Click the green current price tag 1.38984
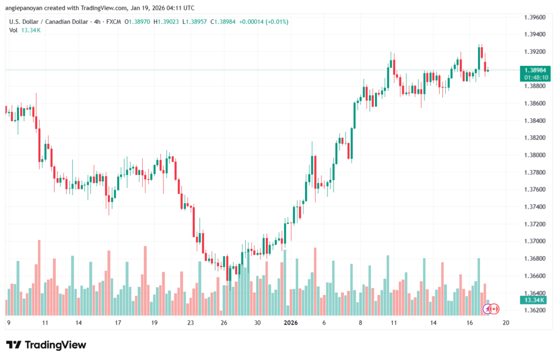[534, 70]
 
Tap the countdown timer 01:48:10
[534, 78]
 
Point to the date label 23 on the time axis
[191, 322]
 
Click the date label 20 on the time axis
[506, 322]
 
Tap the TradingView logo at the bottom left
[46, 345]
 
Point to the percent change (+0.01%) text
[276, 22]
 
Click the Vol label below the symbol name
[13, 30]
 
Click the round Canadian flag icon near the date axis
[495, 309]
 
